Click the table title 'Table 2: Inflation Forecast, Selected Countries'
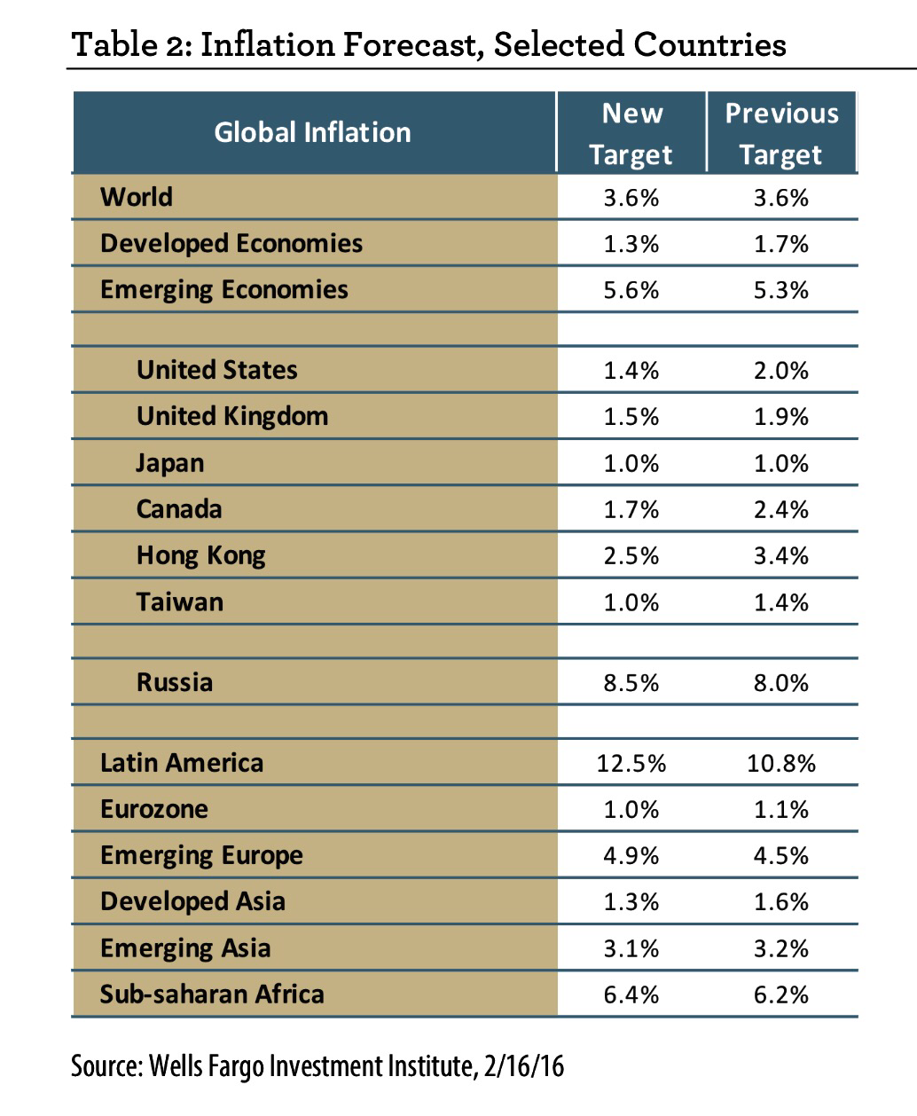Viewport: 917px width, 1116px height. tap(428, 43)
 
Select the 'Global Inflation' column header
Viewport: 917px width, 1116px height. tap(312, 132)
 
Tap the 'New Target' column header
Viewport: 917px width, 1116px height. tap(631, 133)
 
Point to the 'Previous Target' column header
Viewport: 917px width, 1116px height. tap(781, 133)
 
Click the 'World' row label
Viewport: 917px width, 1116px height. tap(137, 196)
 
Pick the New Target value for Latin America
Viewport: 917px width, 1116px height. tap(631, 763)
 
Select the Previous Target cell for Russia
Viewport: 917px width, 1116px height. tap(781, 682)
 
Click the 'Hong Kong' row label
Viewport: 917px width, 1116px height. tap(201, 555)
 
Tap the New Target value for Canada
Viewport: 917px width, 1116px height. tap(631, 509)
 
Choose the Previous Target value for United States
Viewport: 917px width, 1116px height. tap(781, 370)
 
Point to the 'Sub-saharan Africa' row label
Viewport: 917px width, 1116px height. tap(212, 994)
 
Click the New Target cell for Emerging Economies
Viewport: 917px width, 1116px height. tap(631, 289)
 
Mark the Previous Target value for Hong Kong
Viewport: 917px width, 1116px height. tap(781, 555)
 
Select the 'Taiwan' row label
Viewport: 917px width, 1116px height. tap(180, 601)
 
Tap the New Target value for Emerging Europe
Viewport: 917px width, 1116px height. tap(631, 855)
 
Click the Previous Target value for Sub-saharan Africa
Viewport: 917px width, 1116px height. tap(781, 994)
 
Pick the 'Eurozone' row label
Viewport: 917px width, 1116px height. tap(154, 809)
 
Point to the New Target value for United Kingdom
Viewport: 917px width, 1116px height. tap(631, 416)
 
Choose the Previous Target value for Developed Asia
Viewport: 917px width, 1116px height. tap(781, 901)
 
